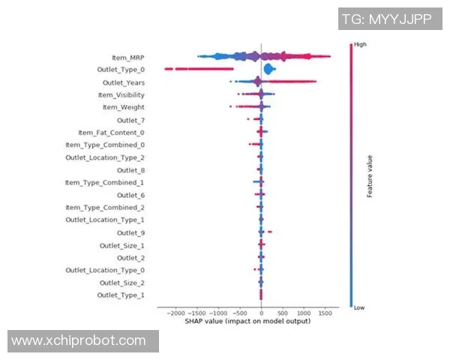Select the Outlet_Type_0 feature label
pyautogui.click(x=121, y=70)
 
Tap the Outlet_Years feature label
pyautogui.click(x=123, y=82)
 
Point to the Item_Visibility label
pyautogui.click(x=121, y=95)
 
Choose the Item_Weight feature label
pyautogui.click(x=124, y=107)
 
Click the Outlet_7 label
pyautogui.click(x=131, y=120)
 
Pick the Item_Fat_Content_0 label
pyautogui.click(x=111, y=133)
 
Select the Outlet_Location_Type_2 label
pyautogui.click(x=105, y=157)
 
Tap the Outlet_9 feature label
pyautogui.click(x=131, y=232)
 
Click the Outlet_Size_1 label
pyautogui.click(x=122, y=245)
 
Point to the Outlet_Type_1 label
pyautogui.click(x=121, y=295)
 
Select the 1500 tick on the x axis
pyautogui.click(x=325, y=313)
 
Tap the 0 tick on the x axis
pyautogui.click(x=261, y=313)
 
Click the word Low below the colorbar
pyautogui.click(x=358, y=307)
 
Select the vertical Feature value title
pyautogui.click(x=370, y=175)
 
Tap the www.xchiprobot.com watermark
pyautogui.click(x=79, y=340)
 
